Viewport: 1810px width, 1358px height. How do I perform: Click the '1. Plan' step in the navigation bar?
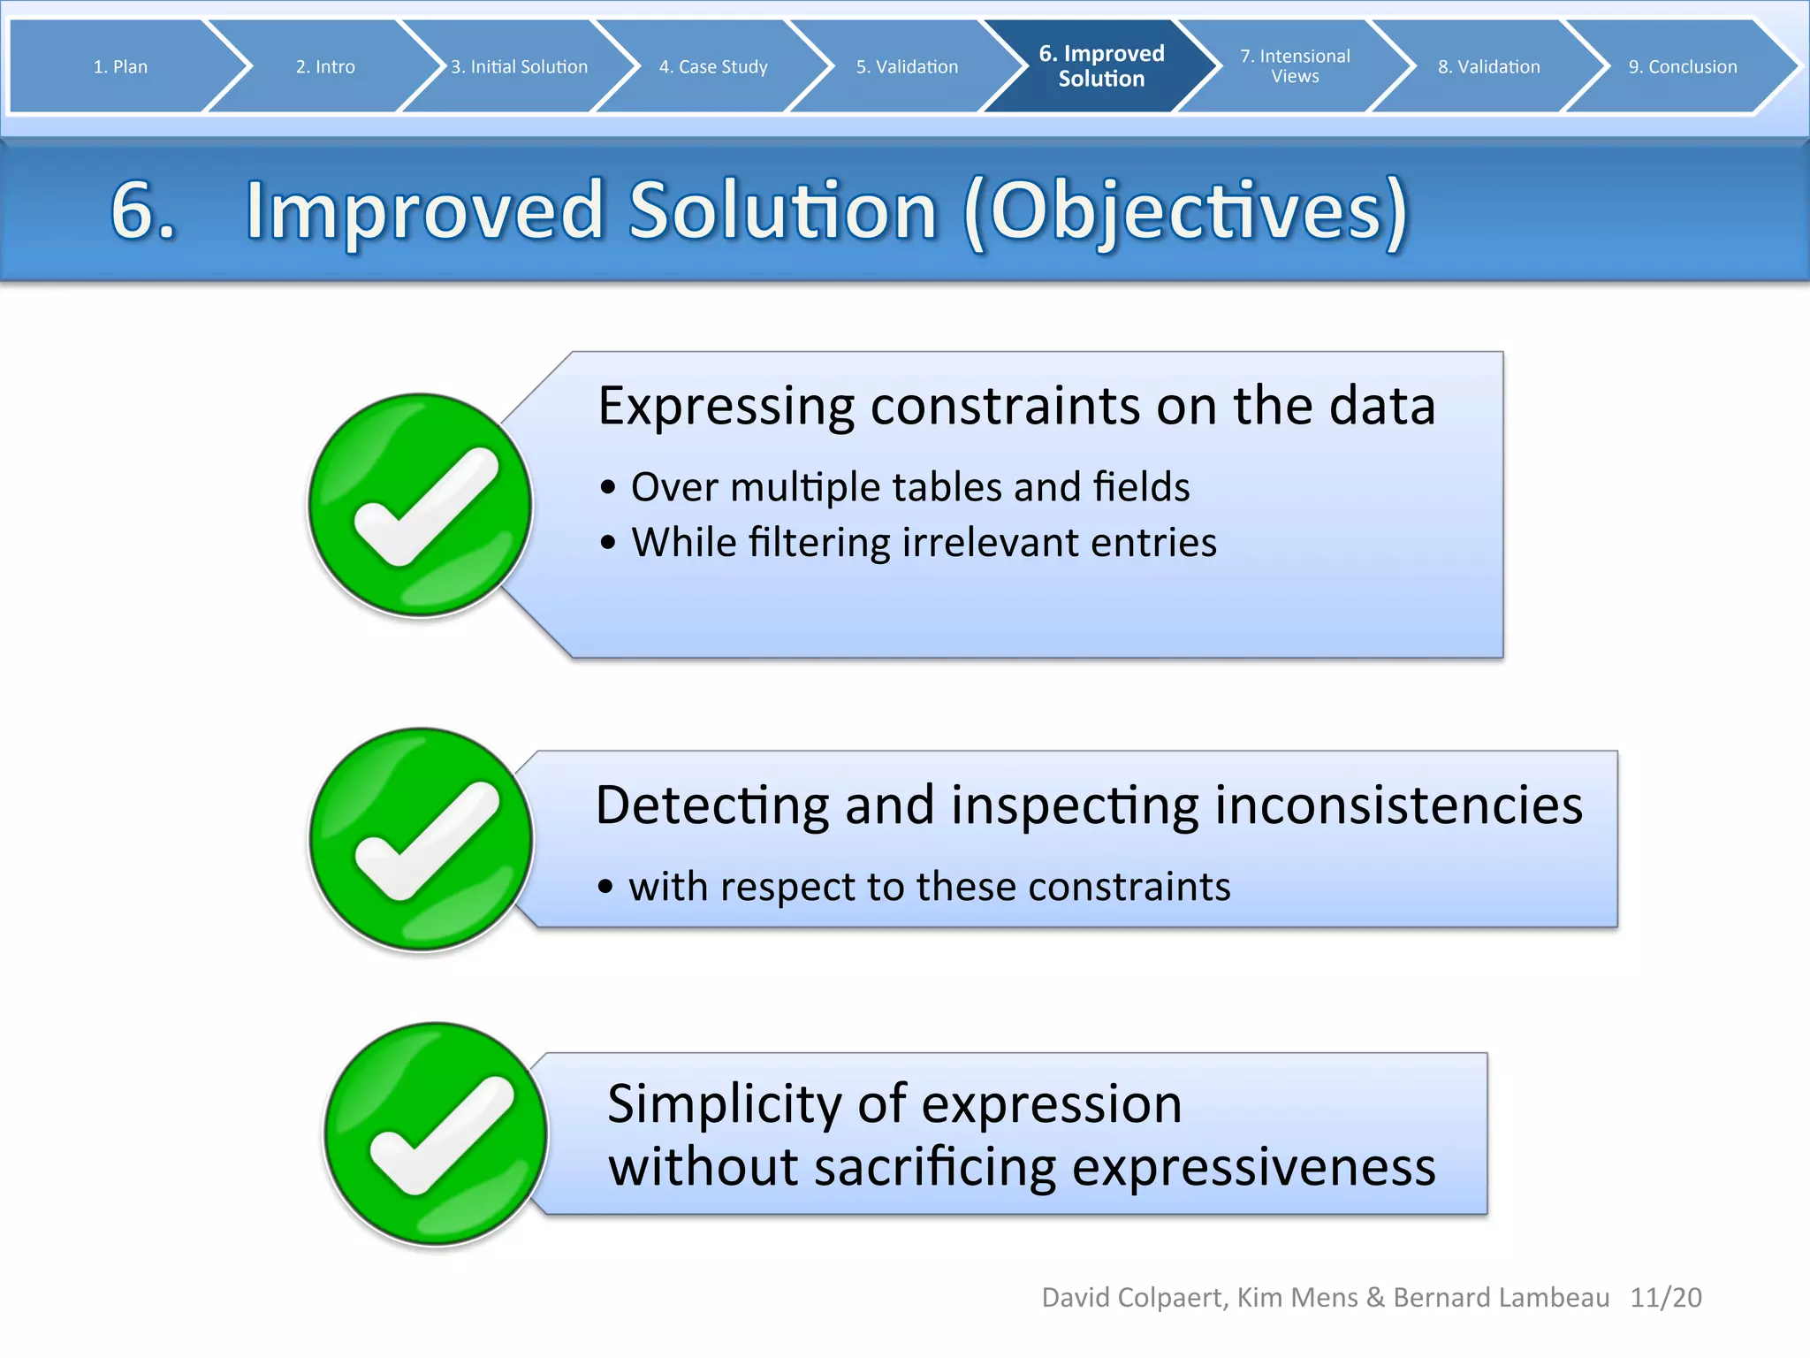click(120, 67)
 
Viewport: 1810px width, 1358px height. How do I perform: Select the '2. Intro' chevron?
click(325, 67)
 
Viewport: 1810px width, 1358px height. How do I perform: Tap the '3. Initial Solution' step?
click(519, 67)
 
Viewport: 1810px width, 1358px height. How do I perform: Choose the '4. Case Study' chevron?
click(713, 67)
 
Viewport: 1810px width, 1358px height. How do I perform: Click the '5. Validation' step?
click(907, 67)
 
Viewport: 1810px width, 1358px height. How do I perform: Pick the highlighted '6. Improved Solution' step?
click(1101, 66)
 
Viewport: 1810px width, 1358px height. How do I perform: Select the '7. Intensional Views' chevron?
click(1295, 66)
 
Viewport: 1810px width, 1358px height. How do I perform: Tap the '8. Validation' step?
click(1488, 67)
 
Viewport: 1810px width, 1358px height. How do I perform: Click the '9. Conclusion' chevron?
click(1682, 67)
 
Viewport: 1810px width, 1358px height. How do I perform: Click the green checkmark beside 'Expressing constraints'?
click(420, 505)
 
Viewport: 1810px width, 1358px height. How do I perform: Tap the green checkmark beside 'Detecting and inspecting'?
click(421, 839)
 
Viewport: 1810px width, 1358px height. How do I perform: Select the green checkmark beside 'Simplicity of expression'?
click(436, 1133)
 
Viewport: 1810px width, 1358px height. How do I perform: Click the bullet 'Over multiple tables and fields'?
click(909, 487)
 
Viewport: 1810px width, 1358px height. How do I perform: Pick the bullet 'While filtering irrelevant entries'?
click(924, 542)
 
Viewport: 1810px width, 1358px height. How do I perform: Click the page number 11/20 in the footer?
click(1665, 1297)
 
